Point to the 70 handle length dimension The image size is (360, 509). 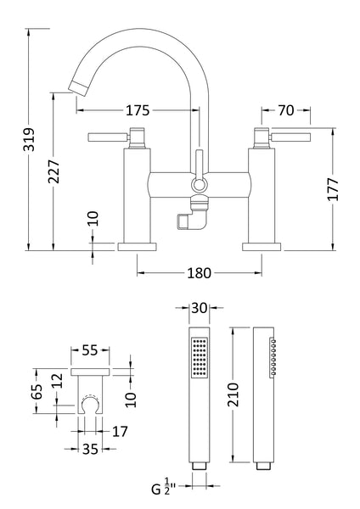point(285,110)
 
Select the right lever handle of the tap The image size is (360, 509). point(290,136)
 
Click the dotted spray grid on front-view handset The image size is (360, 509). point(200,356)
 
